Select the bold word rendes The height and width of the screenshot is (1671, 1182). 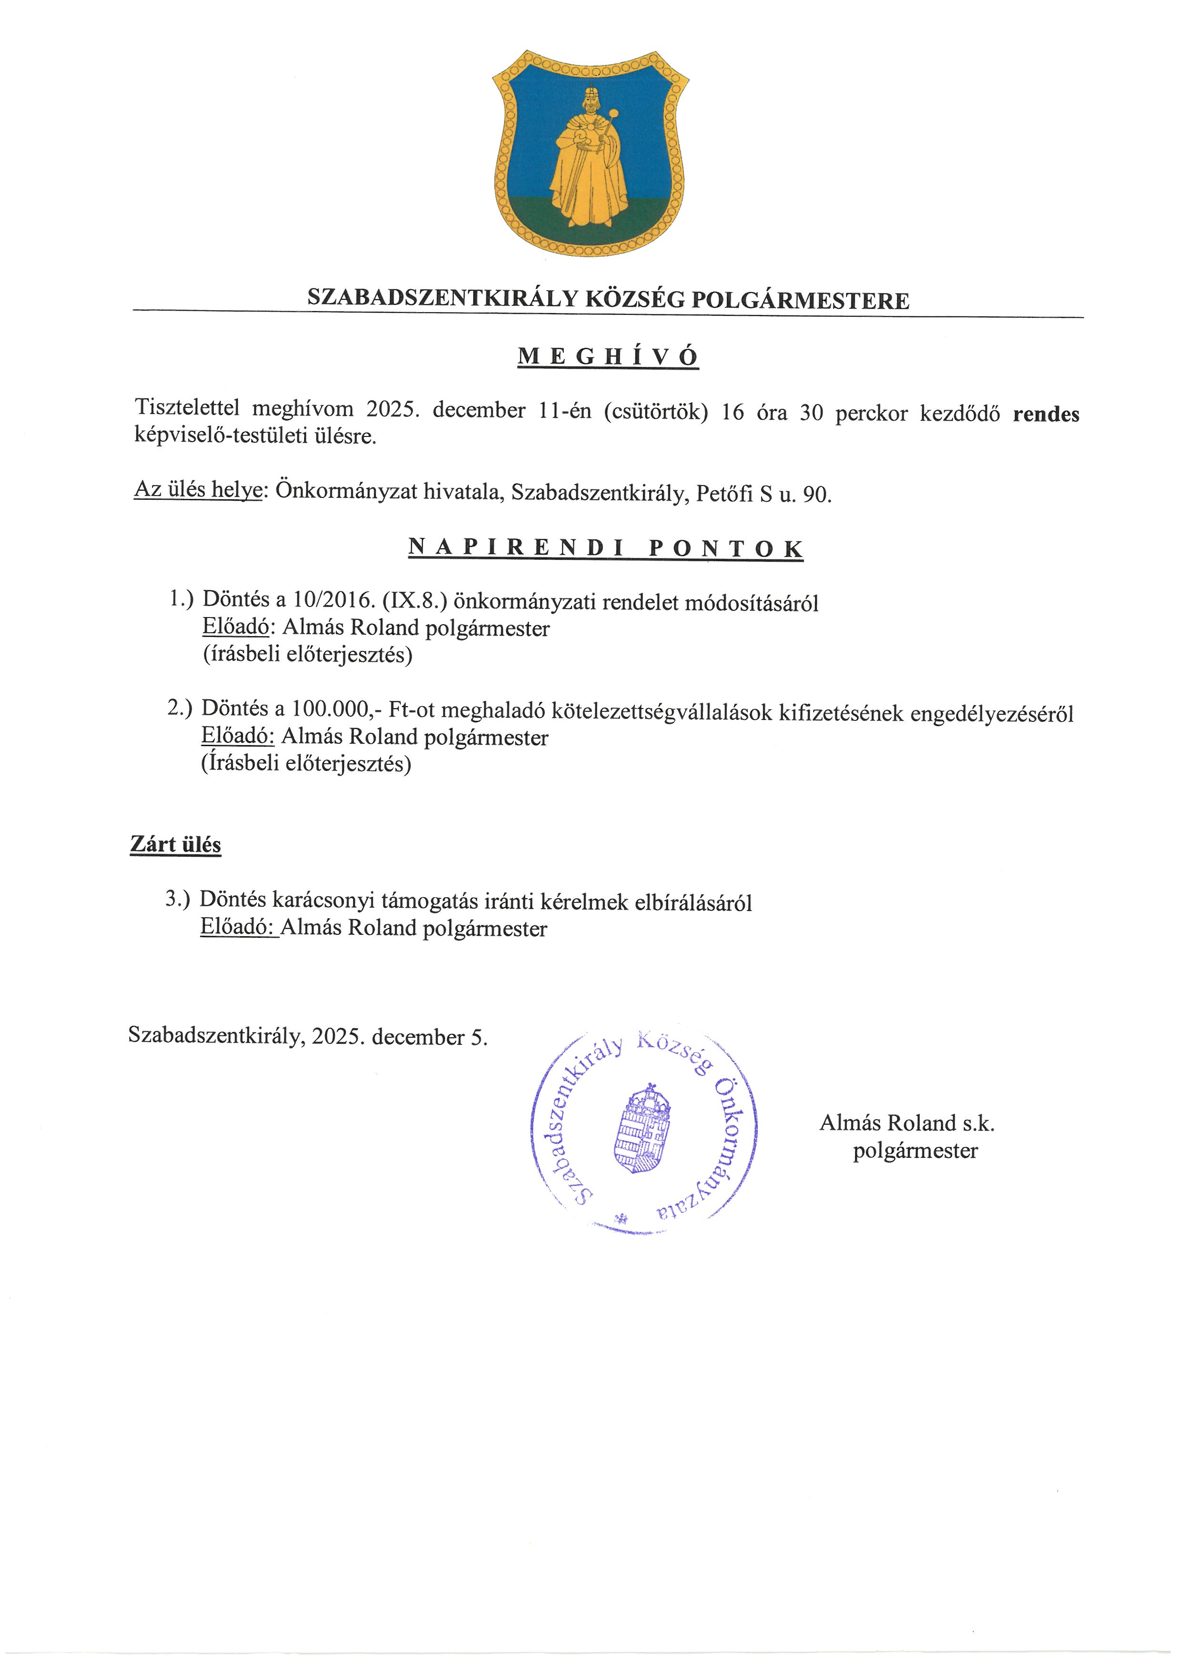[x=1046, y=414]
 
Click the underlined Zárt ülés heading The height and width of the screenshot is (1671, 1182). [x=175, y=844]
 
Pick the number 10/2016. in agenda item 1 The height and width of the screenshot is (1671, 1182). [x=334, y=601]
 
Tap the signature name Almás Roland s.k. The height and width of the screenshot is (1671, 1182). [x=906, y=1123]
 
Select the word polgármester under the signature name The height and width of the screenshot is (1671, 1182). [x=915, y=1151]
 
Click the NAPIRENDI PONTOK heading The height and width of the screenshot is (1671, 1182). [x=606, y=547]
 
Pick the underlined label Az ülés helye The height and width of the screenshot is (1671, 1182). [x=198, y=490]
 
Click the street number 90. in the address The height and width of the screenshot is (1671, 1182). [x=816, y=494]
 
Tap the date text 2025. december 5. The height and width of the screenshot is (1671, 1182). [x=399, y=1036]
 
